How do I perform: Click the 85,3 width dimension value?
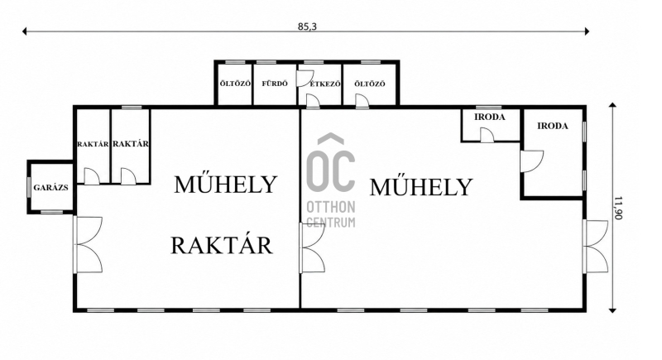point(307,26)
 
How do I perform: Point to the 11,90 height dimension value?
point(618,208)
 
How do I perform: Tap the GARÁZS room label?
point(50,188)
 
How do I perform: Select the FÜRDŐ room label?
point(275,84)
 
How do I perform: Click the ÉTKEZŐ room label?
point(325,84)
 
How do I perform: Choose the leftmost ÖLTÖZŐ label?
point(235,84)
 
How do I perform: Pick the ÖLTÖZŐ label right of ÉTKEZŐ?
point(370,84)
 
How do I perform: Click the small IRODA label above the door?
point(490,118)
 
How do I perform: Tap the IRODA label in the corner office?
point(553,126)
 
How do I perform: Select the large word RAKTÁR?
point(221,245)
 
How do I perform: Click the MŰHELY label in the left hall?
point(225,185)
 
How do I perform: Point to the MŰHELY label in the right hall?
point(421,187)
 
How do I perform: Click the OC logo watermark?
point(330,162)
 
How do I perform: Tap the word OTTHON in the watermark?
point(330,207)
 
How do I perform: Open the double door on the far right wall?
point(596,246)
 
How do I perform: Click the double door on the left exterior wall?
point(88,244)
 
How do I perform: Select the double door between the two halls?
point(312,247)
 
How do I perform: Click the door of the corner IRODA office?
point(531,161)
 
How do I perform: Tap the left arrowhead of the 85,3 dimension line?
point(25,31)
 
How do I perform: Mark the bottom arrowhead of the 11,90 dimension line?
point(612,310)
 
